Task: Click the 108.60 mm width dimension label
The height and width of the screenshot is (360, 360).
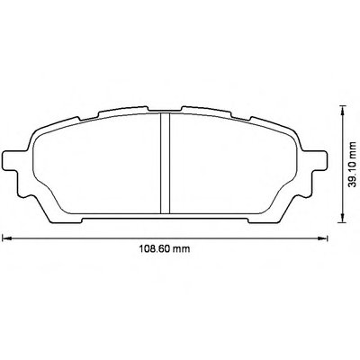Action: point(165,248)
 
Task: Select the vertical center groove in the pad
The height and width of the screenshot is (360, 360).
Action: point(165,164)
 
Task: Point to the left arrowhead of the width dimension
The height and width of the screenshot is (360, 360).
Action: point(6,238)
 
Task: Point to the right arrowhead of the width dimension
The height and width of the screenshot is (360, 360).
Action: point(323,238)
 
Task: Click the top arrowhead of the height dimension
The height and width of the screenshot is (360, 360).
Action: point(342,110)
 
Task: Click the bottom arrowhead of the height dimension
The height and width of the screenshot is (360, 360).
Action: point(342,218)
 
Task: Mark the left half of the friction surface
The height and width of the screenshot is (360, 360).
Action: point(97,165)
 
